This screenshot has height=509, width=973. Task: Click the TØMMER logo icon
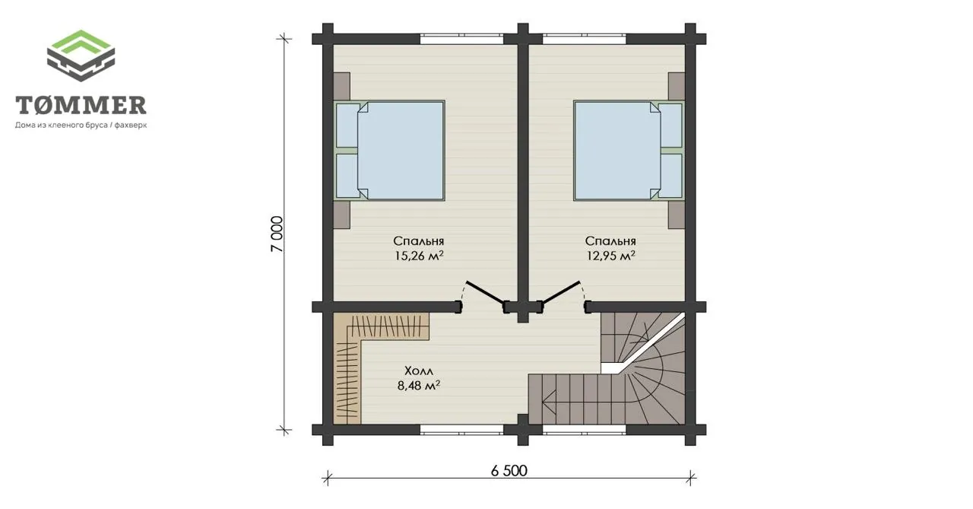click(x=81, y=56)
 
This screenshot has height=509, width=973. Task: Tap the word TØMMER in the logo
click(x=81, y=105)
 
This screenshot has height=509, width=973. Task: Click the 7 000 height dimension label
click(x=277, y=234)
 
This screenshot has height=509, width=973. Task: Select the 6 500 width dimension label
click(x=509, y=471)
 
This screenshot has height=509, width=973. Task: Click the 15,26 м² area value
click(x=419, y=256)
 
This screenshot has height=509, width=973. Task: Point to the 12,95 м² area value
click(x=610, y=256)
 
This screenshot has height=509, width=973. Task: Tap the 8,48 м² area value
click(x=419, y=385)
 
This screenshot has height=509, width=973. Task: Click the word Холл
click(x=419, y=371)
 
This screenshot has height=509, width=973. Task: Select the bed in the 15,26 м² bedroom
click(x=389, y=151)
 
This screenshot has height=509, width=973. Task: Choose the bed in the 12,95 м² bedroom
click(x=629, y=151)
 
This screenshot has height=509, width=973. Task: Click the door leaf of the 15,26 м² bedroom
click(x=485, y=294)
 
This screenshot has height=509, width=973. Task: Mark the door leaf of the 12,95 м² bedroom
click(x=560, y=294)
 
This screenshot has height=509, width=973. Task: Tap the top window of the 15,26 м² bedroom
click(x=461, y=39)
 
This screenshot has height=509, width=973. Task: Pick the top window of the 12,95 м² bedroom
click(x=585, y=39)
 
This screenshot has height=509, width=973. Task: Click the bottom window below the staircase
click(x=585, y=430)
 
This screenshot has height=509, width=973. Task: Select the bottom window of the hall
click(x=461, y=430)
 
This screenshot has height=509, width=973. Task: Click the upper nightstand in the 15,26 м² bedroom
click(x=342, y=86)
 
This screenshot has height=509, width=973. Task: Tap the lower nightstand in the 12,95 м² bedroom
click(x=677, y=215)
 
